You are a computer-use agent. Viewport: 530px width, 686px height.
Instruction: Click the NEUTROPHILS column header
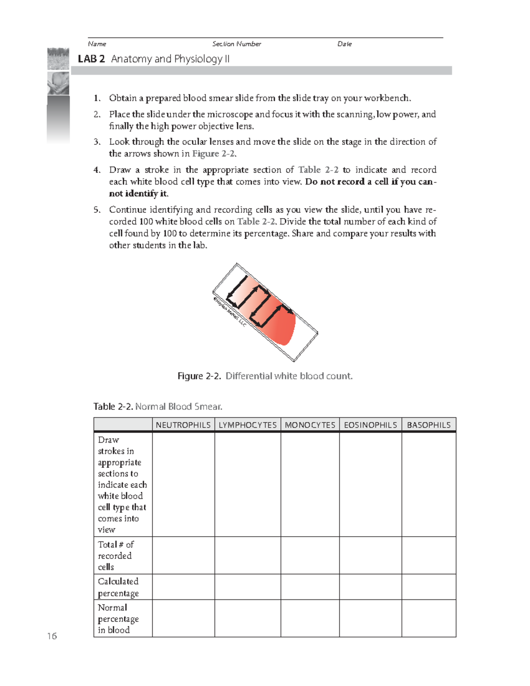[x=183, y=425]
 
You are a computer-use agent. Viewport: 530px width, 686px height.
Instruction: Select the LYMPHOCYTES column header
[x=248, y=425]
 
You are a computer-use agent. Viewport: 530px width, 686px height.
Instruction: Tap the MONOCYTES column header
[x=310, y=425]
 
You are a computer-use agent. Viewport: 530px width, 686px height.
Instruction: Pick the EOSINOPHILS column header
[x=371, y=425]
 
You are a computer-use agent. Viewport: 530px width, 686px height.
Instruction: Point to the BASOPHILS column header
[x=429, y=425]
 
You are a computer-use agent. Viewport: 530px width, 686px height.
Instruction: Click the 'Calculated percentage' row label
[x=118, y=587]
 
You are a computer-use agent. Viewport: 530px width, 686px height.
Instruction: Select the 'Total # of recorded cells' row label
[x=116, y=556]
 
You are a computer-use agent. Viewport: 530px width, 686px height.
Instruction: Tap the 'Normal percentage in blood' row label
[x=118, y=618]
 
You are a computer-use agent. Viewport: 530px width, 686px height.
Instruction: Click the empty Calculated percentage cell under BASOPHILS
[x=429, y=587]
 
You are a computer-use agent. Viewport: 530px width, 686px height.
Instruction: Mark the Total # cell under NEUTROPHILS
[x=183, y=556]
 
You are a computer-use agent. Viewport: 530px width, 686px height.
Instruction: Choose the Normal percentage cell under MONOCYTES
[x=310, y=618]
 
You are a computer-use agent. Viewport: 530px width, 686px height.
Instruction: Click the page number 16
[x=52, y=636]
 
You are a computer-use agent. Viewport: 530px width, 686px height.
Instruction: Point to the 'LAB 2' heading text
[x=91, y=59]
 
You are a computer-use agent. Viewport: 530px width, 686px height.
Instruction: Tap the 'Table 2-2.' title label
[x=113, y=406]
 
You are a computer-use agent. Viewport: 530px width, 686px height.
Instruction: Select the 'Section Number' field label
[x=237, y=44]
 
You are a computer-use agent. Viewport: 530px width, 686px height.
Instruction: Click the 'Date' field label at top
[x=344, y=44]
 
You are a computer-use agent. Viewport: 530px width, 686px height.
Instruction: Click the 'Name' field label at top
[x=97, y=44]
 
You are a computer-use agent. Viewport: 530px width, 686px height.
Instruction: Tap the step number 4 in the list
[x=97, y=170]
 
